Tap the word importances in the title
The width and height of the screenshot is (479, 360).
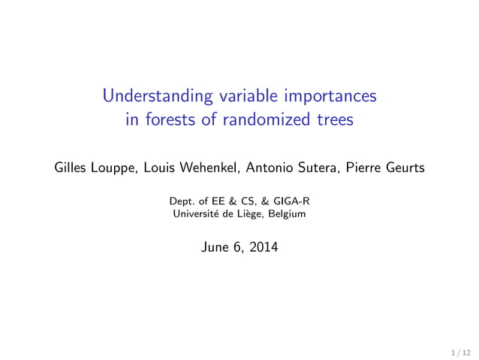[327, 97]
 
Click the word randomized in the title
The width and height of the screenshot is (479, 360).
[261, 119]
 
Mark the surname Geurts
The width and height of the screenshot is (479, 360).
[406, 168]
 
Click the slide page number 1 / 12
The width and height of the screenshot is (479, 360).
[461, 351]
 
